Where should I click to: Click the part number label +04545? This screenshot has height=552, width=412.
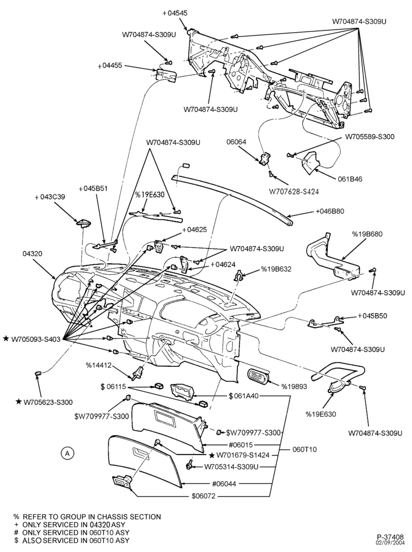pyautogui.click(x=175, y=13)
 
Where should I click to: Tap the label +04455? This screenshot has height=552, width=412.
pyautogui.click(x=110, y=65)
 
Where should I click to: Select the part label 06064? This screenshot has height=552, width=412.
pyautogui.click(x=236, y=142)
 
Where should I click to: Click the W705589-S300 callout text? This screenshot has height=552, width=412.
pyautogui.click(x=369, y=136)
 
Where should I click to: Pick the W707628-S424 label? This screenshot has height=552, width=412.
pyautogui.click(x=293, y=192)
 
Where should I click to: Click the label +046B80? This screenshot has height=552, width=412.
pyautogui.click(x=329, y=211)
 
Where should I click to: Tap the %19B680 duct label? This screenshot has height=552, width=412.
pyautogui.click(x=367, y=234)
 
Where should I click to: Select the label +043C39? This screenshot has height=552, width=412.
pyautogui.click(x=50, y=197)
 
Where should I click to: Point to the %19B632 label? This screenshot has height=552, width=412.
pyautogui.click(x=276, y=269)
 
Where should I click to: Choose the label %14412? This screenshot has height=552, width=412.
pyautogui.click(x=99, y=365)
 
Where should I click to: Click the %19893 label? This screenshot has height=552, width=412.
pyautogui.click(x=294, y=386)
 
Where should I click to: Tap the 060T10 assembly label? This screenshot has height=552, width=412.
pyautogui.click(x=305, y=449)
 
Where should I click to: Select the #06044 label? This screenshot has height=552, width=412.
pyautogui.click(x=224, y=484)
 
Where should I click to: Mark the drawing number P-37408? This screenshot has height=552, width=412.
pyautogui.click(x=390, y=537)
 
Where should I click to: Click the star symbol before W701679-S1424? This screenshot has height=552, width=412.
pyautogui.click(x=212, y=455)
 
